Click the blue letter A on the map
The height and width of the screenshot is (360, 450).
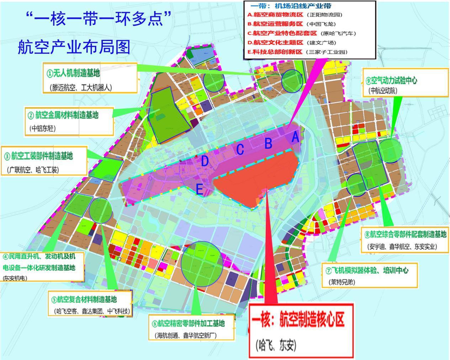[x=295, y=137]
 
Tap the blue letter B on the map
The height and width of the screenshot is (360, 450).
[x=268, y=143]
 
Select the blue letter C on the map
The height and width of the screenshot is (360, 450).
[x=240, y=150]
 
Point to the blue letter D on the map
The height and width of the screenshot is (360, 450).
[x=205, y=162]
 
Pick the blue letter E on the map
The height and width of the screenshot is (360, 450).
[x=200, y=189]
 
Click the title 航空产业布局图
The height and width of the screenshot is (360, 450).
[x=74, y=47]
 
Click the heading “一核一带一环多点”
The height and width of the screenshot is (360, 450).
[x=99, y=18]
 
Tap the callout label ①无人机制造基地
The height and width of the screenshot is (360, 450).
[x=73, y=73]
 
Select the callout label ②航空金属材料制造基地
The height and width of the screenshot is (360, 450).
[x=63, y=115]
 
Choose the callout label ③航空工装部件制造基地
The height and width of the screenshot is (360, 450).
[x=38, y=156]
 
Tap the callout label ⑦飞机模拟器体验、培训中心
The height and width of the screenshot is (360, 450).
[x=367, y=270]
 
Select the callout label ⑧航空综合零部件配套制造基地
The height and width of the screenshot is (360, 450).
[x=405, y=234]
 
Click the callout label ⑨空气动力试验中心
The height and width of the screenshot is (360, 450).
[x=391, y=80]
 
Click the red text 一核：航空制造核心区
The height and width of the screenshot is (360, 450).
[x=298, y=319]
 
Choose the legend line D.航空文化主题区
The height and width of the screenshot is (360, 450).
[x=275, y=43]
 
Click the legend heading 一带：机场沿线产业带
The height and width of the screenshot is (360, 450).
[x=291, y=6]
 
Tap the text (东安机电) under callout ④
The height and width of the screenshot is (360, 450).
[x=15, y=278]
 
